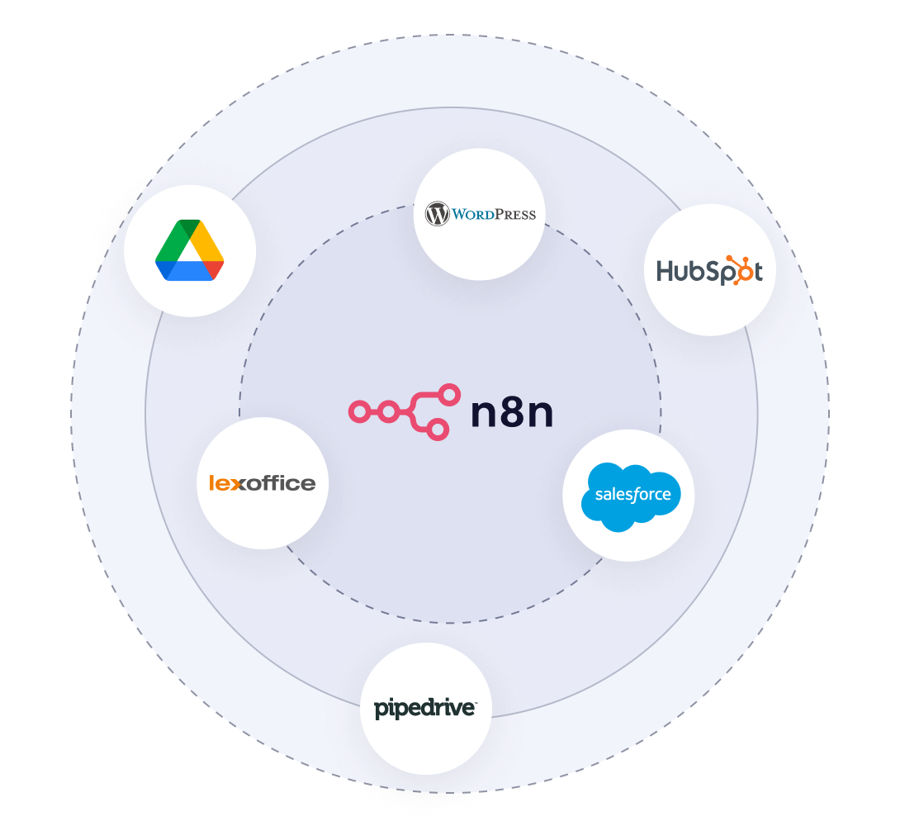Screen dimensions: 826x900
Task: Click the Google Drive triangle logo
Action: (190, 250)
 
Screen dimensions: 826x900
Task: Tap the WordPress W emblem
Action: (437, 215)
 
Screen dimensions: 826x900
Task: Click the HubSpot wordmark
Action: (709, 270)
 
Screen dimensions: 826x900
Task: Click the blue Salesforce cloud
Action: (628, 496)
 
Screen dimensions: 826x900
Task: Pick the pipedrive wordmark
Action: (425, 708)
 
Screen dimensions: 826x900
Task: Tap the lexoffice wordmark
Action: (263, 483)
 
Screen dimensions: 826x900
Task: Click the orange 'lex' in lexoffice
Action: (224, 483)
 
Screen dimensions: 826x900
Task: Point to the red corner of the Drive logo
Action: (215, 270)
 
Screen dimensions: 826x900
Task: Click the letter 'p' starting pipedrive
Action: (381, 710)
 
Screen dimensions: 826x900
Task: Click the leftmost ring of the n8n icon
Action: (358, 411)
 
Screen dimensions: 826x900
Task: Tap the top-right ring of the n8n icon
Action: (449, 394)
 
